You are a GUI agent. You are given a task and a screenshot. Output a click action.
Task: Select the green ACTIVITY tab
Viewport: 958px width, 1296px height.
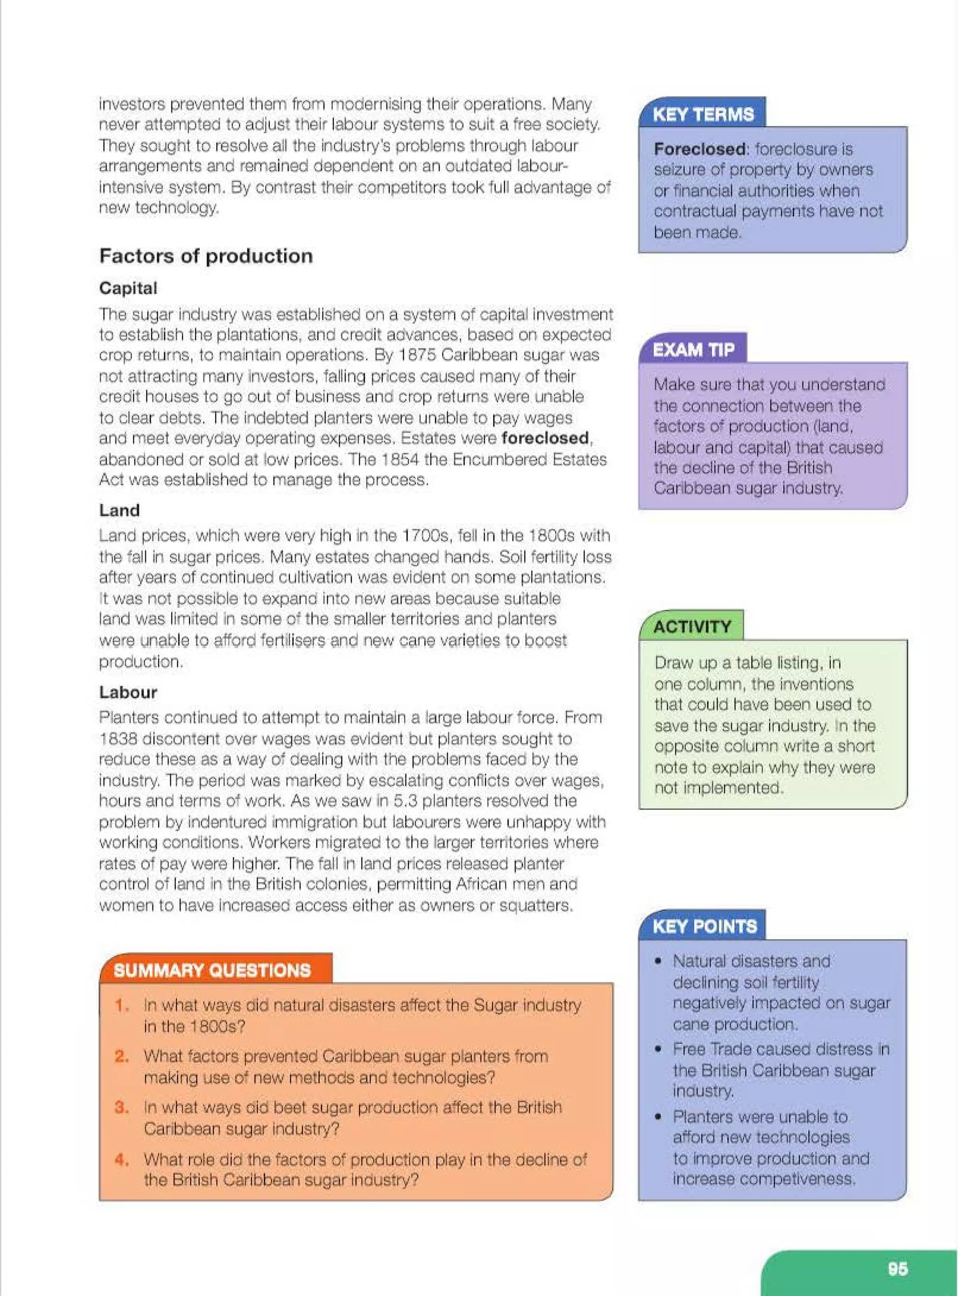(x=692, y=627)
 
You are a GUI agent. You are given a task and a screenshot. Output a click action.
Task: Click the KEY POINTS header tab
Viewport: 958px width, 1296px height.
(x=704, y=926)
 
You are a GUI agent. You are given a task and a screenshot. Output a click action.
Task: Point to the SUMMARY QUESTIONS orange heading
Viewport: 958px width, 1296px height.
(x=212, y=970)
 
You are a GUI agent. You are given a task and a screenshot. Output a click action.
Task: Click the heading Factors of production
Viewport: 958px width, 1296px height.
(x=206, y=256)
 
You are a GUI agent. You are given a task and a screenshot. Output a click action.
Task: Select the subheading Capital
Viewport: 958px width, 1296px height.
(x=128, y=288)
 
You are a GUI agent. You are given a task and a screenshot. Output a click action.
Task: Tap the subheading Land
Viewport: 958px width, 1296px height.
(x=119, y=510)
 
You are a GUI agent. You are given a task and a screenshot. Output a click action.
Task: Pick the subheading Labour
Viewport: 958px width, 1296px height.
(x=128, y=692)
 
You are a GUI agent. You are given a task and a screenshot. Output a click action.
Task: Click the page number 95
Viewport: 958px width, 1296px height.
(x=897, y=1269)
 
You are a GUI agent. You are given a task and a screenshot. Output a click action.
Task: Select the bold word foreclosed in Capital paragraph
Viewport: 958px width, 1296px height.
(x=545, y=438)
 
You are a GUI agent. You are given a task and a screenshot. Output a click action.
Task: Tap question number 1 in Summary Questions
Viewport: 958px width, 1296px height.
(x=121, y=1005)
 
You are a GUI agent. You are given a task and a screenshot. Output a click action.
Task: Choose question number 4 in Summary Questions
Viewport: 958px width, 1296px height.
(x=121, y=1160)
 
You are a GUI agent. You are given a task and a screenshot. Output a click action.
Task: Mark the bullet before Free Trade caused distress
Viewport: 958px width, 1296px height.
(x=658, y=1049)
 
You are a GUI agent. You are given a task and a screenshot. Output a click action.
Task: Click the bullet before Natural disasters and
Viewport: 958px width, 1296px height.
(x=658, y=961)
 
